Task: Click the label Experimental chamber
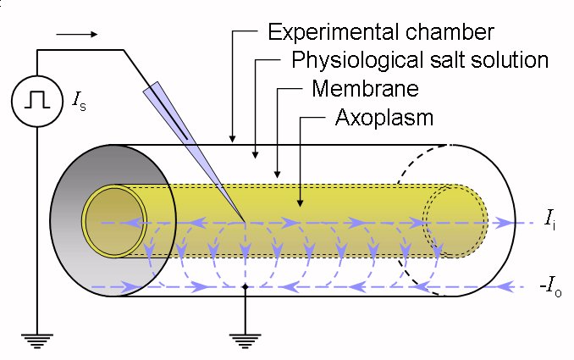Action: [379, 33]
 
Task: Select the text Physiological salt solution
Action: [420, 60]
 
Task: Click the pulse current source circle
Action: [36, 101]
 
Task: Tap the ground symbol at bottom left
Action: [36, 341]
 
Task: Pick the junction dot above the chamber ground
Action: [245, 287]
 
